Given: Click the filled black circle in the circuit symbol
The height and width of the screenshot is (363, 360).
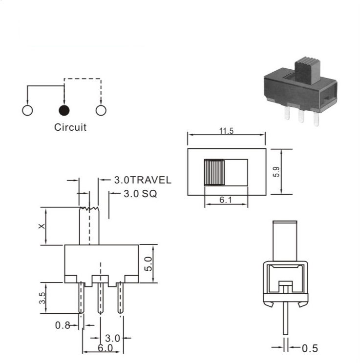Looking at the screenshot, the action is tap(64, 110).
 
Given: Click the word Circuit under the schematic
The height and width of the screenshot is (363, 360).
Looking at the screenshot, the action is tap(70, 127).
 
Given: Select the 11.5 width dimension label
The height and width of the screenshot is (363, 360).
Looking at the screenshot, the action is tap(227, 131).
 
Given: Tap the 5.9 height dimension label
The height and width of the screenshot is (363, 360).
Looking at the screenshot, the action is tap(276, 172).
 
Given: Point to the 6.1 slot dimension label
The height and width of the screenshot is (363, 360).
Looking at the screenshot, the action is tap(226, 200).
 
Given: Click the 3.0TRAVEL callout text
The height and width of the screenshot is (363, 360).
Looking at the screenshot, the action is tap(143, 180).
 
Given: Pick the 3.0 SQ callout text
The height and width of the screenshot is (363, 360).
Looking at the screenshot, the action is tap(140, 194).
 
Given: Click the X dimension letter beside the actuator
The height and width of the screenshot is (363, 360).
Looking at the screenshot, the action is tap(42, 226).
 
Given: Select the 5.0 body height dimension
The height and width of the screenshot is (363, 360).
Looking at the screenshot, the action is tap(148, 264).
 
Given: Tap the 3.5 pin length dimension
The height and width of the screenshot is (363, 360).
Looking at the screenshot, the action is tap(42, 298).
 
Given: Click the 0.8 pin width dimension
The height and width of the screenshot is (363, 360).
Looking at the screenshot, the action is tap(63, 325).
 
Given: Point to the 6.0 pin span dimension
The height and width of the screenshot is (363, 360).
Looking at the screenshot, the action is tap(105, 348).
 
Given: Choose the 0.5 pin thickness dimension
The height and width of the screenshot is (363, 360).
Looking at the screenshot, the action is tap(310, 348).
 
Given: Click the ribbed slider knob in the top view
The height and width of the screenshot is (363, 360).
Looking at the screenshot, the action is tap(214, 172).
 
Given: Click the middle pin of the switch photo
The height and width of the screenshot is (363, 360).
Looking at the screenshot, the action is tap(301, 116).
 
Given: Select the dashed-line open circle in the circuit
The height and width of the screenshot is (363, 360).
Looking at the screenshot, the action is tap(101, 110).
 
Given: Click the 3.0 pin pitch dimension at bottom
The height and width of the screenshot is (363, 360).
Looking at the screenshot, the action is tap(112, 338).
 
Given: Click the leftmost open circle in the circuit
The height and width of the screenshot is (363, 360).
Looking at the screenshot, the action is tap(27, 110).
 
